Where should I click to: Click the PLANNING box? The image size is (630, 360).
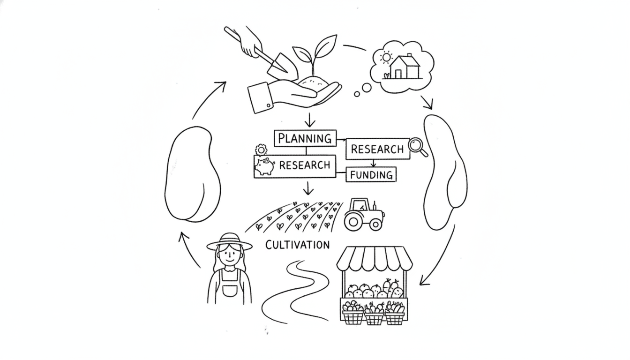click(x=305, y=138)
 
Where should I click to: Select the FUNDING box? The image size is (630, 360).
click(x=371, y=175)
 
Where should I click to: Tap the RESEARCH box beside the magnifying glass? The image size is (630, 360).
click(x=378, y=149)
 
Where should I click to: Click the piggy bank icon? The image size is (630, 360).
click(x=264, y=166)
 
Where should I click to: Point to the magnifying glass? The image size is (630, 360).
click(x=418, y=147)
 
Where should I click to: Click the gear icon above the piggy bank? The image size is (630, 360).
click(x=261, y=150)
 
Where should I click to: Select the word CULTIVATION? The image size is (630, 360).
click(x=297, y=245)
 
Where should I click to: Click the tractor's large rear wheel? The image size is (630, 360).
click(x=353, y=222)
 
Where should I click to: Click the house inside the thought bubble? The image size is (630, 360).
click(x=405, y=67)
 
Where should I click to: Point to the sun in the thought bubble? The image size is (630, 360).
click(x=386, y=57)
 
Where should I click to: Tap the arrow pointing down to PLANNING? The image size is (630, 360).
click(x=310, y=120)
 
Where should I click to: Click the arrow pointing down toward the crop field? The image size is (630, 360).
click(x=308, y=188)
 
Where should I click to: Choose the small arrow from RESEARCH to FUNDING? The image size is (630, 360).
click(x=373, y=163)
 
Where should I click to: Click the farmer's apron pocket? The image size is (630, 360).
click(x=230, y=290)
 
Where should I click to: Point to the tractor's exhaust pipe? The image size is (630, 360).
click(x=375, y=206)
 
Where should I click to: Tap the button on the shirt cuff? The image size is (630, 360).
click(x=268, y=106)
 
